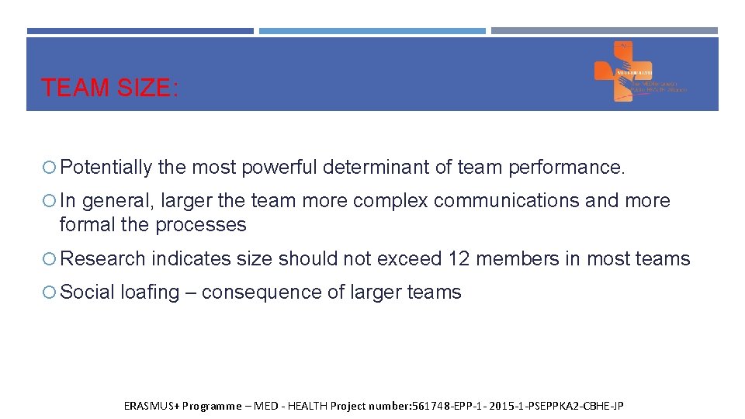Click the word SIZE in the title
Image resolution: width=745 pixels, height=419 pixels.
[x=146, y=88]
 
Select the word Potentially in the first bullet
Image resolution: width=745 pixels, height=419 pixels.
[x=106, y=167]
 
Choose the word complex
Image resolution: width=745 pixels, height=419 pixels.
[x=390, y=201]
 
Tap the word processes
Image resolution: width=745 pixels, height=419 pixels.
[x=201, y=225]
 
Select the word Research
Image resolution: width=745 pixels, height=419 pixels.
[x=102, y=259]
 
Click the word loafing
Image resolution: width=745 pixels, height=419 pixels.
[x=150, y=293]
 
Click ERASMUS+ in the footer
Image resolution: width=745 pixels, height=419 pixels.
[x=151, y=406]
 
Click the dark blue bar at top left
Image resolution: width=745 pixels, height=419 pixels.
[x=140, y=31]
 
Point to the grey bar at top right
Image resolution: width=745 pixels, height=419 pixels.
[x=605, y=31]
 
